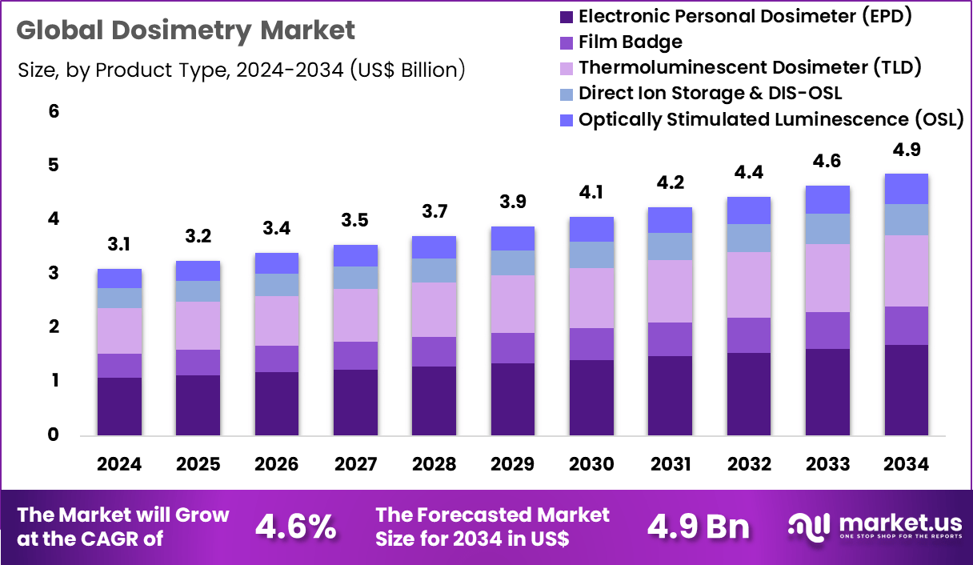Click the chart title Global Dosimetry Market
185,30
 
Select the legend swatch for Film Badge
567,42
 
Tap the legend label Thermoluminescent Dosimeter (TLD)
750,67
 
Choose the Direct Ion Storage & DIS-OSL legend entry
710,93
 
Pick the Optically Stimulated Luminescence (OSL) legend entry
771,119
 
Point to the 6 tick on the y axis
54,111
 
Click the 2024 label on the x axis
119,465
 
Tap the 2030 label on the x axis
591,465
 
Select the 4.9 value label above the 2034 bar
906,150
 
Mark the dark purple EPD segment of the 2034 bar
906,390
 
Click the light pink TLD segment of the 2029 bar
513,304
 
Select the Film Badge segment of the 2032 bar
749,335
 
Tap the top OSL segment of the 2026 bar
277,263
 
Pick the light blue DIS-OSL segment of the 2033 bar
827,229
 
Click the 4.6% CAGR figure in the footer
296,527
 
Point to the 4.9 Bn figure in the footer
699,527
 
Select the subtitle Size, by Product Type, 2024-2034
241,70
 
